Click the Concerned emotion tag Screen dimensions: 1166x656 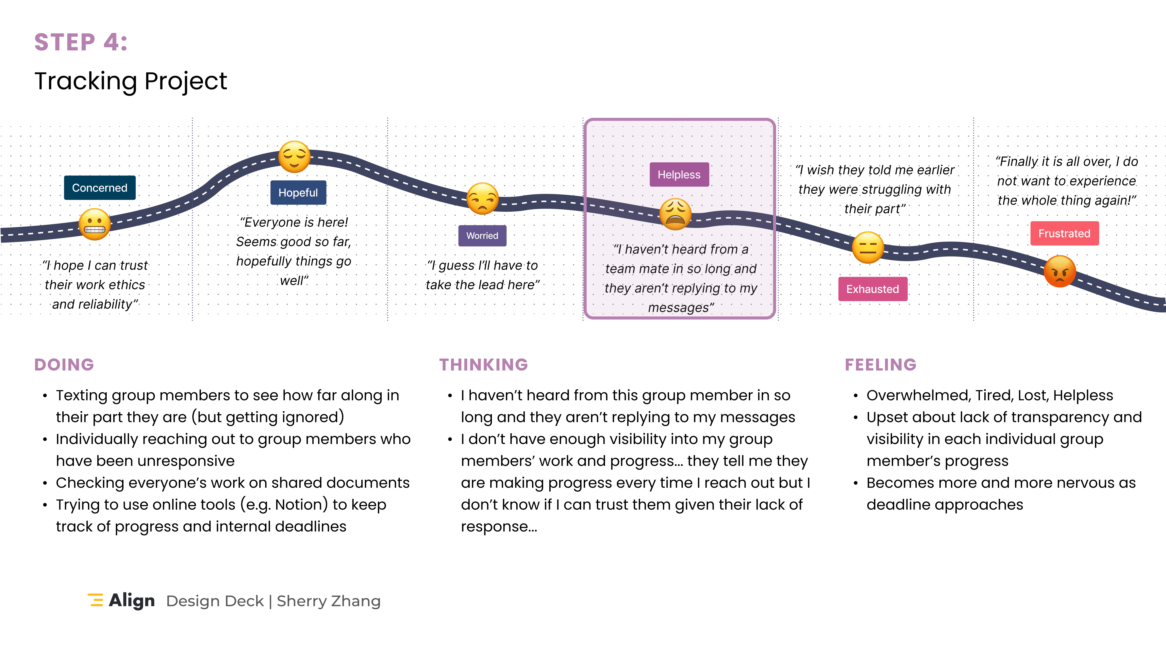pyautogui.click(x=100, y=187)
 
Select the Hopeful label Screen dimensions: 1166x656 pyautogui.click(x=298, y=192)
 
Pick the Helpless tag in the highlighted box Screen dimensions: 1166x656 pyautogui.click(x=679, y=174)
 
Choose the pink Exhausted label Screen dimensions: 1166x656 pyautogui.click(x=873, y=289)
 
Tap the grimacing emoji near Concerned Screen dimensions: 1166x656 pyautogui.click(x=95, y=224)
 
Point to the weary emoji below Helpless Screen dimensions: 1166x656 pyautogui.click(x=675, y=214)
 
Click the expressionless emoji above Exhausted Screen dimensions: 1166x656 pyautogui.click(x=868, y=248)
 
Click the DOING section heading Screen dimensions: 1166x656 pyautogui.click(x=64, y=364)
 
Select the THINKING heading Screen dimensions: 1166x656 pyautogui.click(x=483, y=364)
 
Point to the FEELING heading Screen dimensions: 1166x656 pyautogui.click(x=880, y=364)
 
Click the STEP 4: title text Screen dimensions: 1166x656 pyautogui.click(x=81, y=42)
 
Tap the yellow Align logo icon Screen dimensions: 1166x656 pyautogui.click(x=96, y=600)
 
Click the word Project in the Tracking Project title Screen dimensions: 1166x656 pyautogui.click(x=186, y=81)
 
